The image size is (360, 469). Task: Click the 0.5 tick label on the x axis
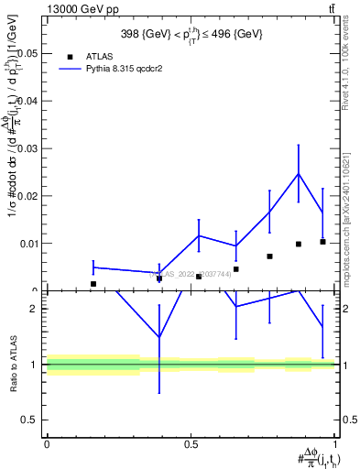coord(191,443)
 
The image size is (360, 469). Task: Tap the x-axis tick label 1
coord(335,443)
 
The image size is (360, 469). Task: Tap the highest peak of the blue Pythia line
coord(298,173)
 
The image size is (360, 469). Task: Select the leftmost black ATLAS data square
coord(93,284)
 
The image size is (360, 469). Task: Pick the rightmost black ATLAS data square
coord(322,242)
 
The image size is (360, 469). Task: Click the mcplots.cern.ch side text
coord(352,229)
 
